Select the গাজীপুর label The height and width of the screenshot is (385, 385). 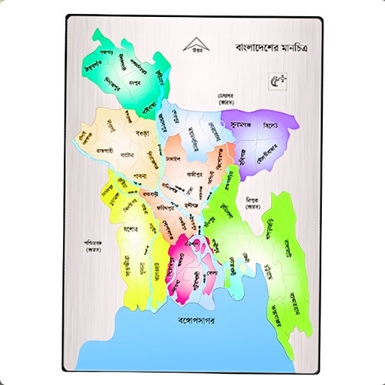[x=194, y=174]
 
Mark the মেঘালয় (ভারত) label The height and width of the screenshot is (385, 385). [x=224, y=99]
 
